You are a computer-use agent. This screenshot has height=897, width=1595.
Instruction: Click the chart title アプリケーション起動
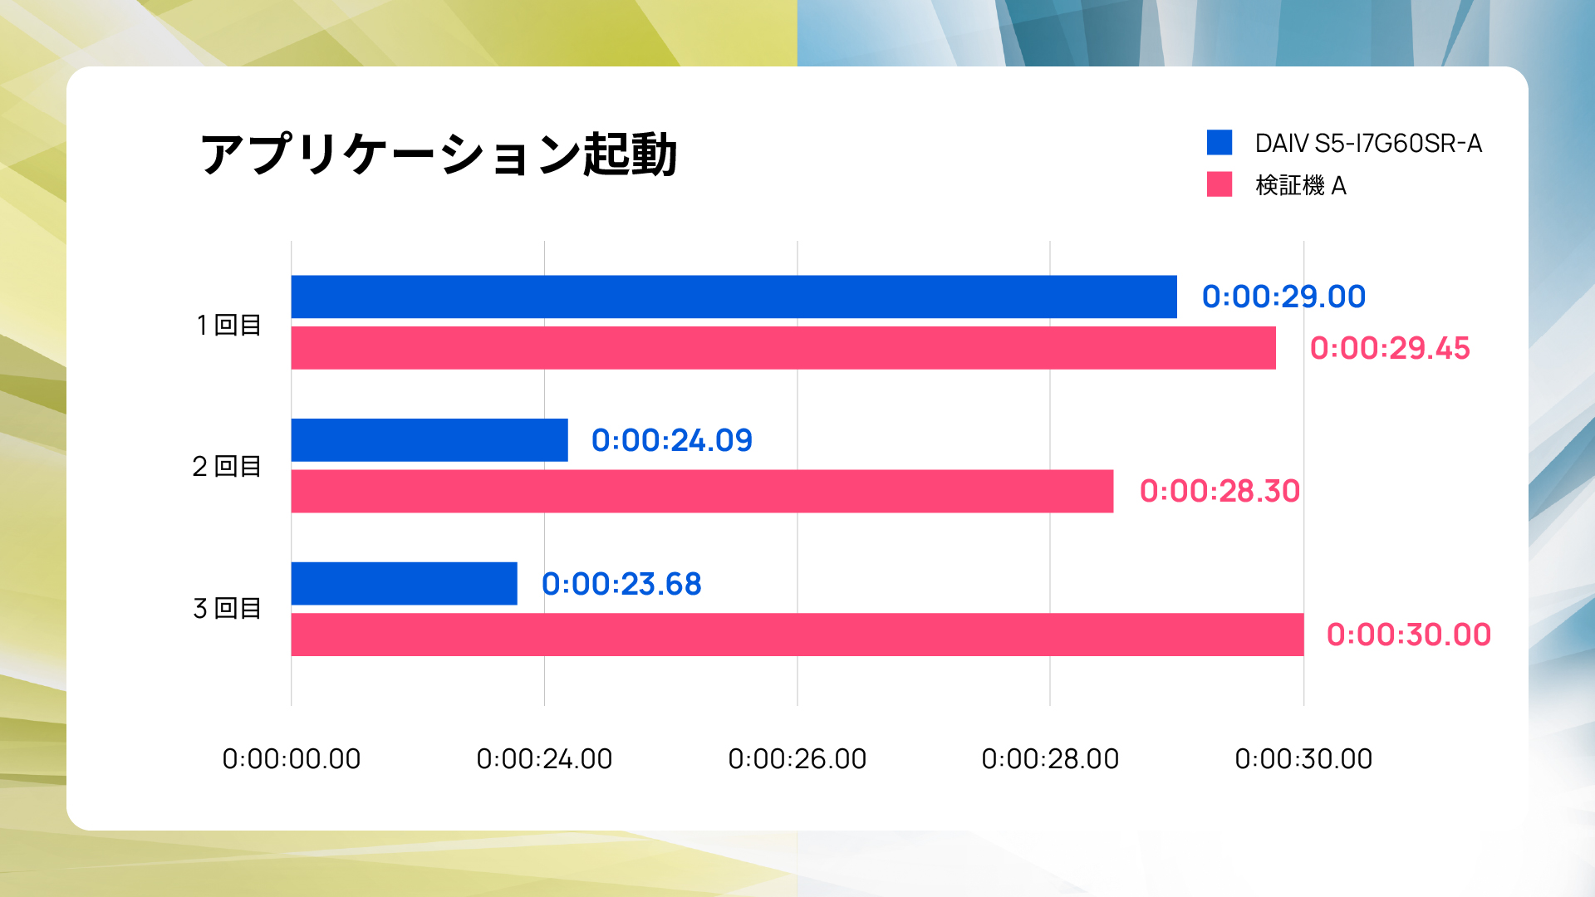[x=439, y=154]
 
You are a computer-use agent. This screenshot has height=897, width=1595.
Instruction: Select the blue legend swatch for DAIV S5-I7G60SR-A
[x=1219, y=143]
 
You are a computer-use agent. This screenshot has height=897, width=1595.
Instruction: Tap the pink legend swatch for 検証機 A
[x=1219, y=184]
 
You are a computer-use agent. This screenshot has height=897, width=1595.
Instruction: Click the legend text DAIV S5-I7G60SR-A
[x=1368, y=144]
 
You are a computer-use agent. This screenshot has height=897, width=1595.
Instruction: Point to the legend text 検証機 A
[x=1300, y=185]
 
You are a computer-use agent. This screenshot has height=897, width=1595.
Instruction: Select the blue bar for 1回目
[x=734, y=297]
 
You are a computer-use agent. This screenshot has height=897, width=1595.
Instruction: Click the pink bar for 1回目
[x=783, y=348]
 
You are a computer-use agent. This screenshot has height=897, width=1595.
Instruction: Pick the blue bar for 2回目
[x=429, y=440]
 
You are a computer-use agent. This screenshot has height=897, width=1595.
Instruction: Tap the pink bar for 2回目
[x=702, y=492]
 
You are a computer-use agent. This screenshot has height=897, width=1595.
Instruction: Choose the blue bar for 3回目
[x=404, y=584]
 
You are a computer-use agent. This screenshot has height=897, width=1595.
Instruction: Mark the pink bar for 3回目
[x=797, y=635]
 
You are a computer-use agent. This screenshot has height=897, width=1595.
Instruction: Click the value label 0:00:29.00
[x=1283, y=297]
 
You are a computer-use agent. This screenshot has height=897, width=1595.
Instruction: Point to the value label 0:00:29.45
[x=1390, y=348]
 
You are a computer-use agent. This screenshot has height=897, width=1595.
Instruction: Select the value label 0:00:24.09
[x=671, y=440]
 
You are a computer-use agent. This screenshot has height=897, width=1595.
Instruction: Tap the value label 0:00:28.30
[x=1220, y=492]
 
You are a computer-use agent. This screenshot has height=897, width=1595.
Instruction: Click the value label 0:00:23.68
[x=621, y=584]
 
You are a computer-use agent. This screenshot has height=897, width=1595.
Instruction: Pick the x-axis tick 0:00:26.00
[x=797, y=758]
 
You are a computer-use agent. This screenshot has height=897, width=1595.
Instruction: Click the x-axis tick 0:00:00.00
[x=291, y=758]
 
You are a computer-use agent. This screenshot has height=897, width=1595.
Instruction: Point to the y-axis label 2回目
[x=227, y=467]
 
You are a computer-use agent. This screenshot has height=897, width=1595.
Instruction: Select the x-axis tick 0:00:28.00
[x=1050, y=758]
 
